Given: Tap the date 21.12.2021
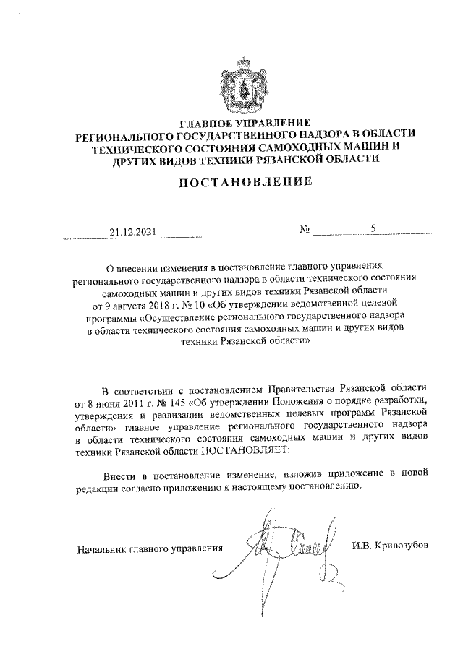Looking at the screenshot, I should coord(132,233).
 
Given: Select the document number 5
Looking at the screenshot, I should coord(373,229).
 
